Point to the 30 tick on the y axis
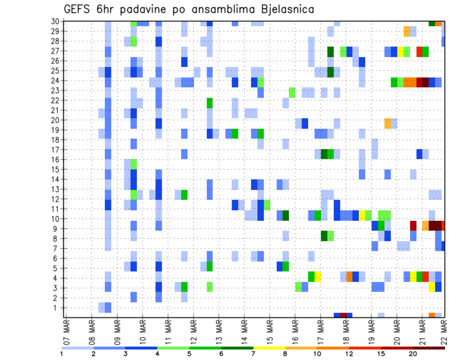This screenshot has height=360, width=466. (56, 21)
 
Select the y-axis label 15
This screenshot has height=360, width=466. (56, 169)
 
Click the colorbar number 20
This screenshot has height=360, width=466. (413, 354)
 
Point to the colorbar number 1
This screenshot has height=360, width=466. (62, 354)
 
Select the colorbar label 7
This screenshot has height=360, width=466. (253, 354)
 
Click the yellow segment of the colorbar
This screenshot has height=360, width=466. (269, 348)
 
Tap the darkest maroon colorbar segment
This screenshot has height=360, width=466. (429, 348)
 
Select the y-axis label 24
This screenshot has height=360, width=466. (56, 81)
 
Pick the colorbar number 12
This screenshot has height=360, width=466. (349, 354)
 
